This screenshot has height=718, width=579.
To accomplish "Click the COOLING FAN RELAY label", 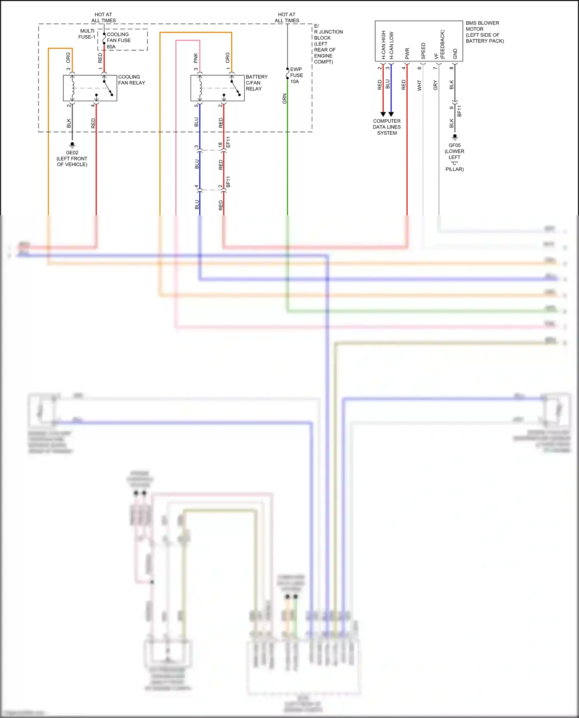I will tap(131, 80).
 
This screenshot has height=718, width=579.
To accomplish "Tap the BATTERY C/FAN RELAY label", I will tap(256, 83).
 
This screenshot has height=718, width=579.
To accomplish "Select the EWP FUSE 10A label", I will tap(296, 75).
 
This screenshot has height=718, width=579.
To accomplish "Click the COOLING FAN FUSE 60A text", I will tap(118, 41).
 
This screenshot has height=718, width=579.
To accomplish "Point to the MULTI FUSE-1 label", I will tap(87, 34).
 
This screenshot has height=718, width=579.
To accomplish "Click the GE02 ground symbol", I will tap(72, 145).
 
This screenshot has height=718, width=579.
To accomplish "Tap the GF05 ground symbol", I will tap(455, 137).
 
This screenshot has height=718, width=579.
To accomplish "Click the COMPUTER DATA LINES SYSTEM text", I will tap(387, 127).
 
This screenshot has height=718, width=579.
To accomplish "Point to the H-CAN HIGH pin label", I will tap(383, 45).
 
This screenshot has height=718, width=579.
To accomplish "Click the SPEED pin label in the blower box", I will tap(423, 51).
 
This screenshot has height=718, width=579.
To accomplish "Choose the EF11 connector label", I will tap(228, 142).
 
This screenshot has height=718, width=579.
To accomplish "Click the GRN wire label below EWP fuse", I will tap(284, 99).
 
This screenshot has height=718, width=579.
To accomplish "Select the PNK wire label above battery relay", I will tap(196, 58).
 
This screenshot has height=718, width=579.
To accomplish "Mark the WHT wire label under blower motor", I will tap(419, 86).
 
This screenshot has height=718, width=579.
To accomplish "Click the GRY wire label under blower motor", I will tap(435, 86).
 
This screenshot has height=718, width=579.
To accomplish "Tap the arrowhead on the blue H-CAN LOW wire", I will tap(391, 114).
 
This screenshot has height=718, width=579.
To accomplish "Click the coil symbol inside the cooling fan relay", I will tap(73, 88).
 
